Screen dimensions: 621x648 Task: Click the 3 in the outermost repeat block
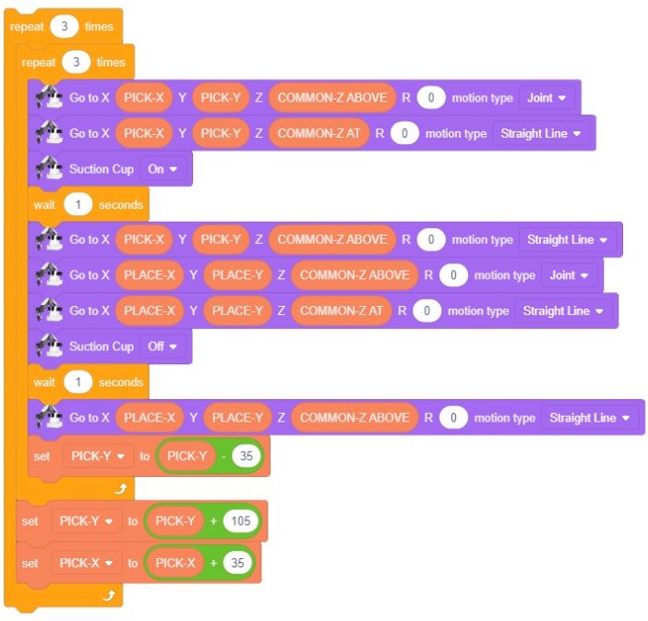point(65,27)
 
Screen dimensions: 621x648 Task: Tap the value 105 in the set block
point(241,521)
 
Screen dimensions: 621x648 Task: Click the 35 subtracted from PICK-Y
point(246,455)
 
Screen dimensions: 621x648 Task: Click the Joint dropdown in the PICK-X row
point(547,97)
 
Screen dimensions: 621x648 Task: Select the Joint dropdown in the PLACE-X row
point(570,275)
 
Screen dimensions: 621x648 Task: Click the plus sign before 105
point(213,521)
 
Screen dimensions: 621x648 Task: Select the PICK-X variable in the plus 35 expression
point(174,563)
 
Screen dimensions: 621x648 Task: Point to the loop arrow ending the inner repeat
point(120,489)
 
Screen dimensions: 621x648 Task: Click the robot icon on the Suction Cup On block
point(48,169)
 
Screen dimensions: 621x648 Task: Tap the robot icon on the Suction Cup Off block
point(48,347)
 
